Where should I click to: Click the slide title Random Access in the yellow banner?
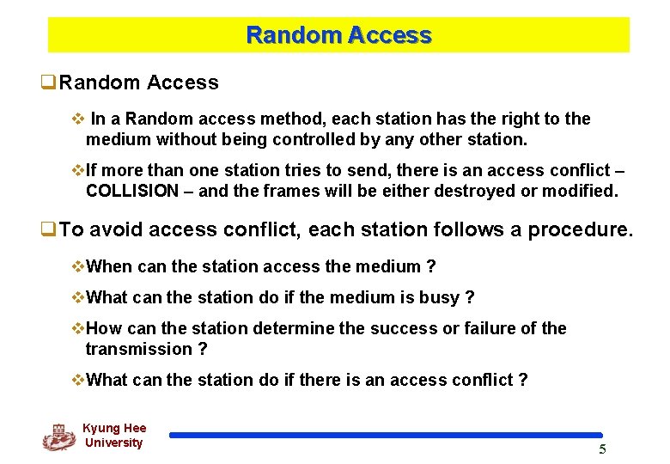point(338,35)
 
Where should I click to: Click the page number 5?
point(602,449)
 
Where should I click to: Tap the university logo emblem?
point(58,437)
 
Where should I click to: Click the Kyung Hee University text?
point(114,436)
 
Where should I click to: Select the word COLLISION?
point(133,191)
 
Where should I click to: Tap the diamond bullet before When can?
point(78,266)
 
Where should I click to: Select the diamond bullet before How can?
point(78,328)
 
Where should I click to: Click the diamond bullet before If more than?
point(78,170)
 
